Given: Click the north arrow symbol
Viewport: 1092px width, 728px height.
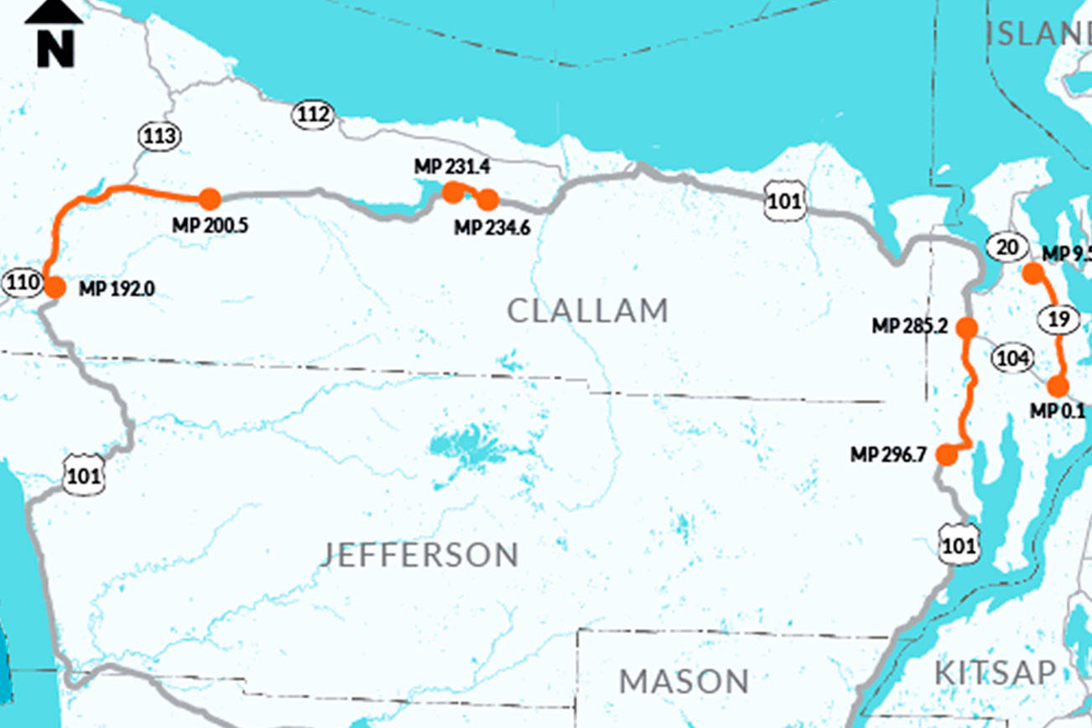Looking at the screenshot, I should coord(54,34).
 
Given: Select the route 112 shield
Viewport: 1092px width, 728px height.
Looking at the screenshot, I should coord(313,115).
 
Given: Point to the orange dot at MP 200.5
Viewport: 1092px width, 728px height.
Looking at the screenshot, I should coord(210,199).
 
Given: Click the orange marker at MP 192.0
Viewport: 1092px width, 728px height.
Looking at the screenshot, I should coord(55,288).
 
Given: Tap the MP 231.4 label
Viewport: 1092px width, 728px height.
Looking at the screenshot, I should coord(451,167).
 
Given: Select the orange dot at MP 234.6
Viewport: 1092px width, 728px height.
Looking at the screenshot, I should coord(488,200).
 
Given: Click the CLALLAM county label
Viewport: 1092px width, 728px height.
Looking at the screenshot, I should coord(588,311).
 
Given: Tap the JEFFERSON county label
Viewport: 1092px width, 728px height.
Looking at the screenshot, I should coord(420,554).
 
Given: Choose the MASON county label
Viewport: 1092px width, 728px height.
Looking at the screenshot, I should coord(684,681).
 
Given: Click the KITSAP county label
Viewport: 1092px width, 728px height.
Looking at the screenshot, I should coord(995,673).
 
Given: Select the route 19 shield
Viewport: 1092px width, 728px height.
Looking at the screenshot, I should coord(1058,319).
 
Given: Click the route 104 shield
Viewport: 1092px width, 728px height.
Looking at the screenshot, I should coord(1012,358).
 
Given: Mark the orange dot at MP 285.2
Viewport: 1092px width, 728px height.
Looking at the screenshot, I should coord(968,327).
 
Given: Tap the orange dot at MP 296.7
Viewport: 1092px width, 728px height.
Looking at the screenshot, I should coord(946,455).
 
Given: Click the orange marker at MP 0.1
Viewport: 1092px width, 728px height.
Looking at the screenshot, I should coord(1058,387).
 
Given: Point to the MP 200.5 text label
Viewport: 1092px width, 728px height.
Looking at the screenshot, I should coord(210,226).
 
